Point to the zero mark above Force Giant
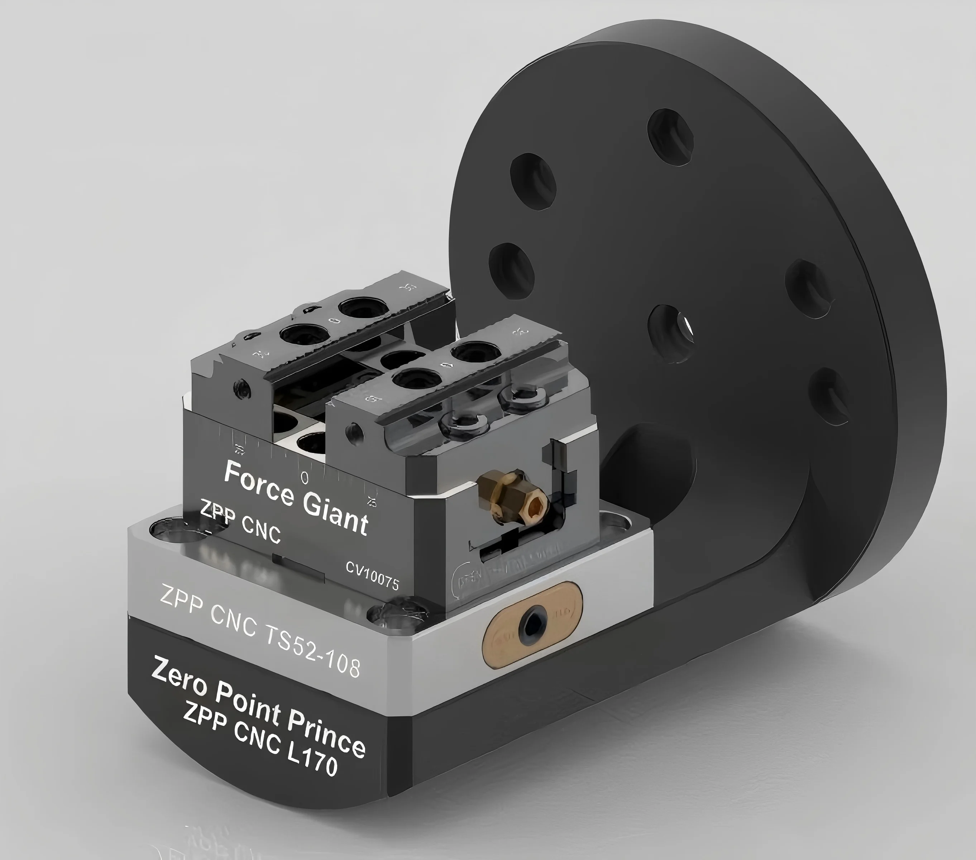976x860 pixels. (x=305, y=477)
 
